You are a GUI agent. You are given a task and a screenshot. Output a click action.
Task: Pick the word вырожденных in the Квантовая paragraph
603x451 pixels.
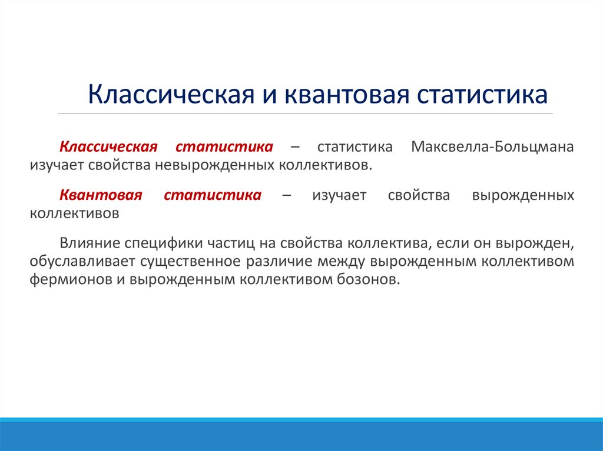click(x=523, y=195)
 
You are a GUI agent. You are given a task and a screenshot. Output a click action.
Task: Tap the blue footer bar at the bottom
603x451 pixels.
click(x=301, y=436)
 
